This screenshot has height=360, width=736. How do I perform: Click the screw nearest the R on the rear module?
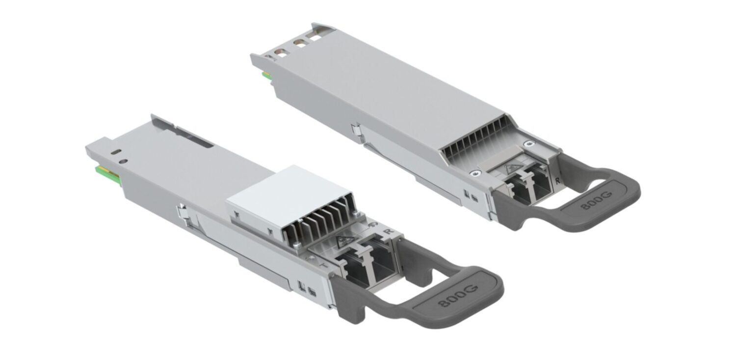(528, 144)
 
